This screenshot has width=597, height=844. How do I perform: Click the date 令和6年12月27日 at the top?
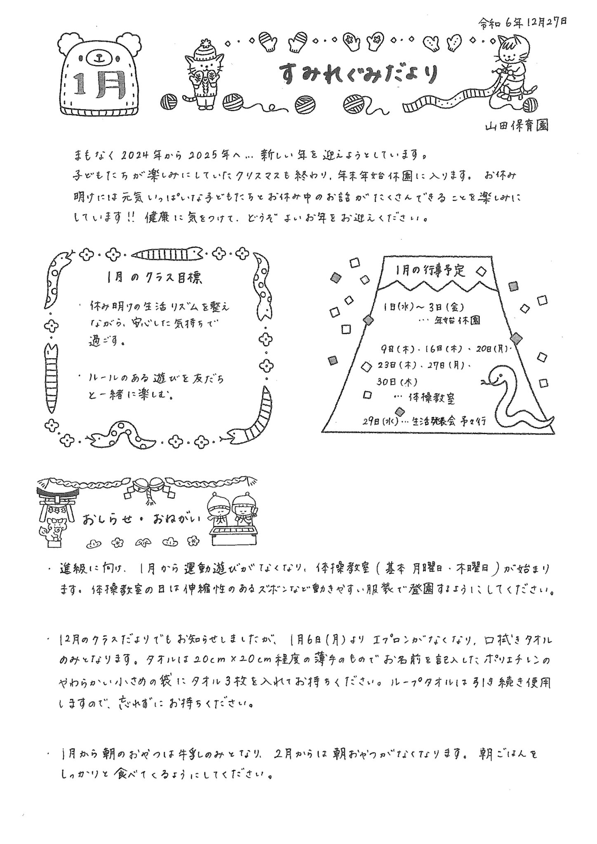[x=522, y=23]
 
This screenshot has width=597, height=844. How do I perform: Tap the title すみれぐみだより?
[x=357, y=74]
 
